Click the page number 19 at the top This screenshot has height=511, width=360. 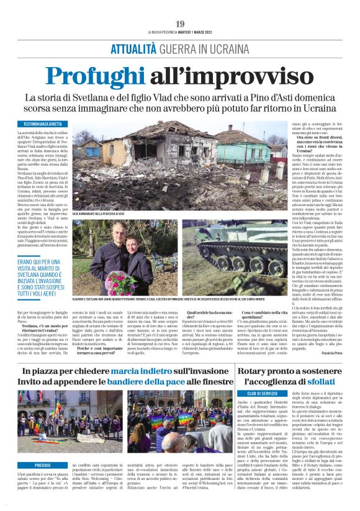180,24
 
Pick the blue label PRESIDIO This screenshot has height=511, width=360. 43,446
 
